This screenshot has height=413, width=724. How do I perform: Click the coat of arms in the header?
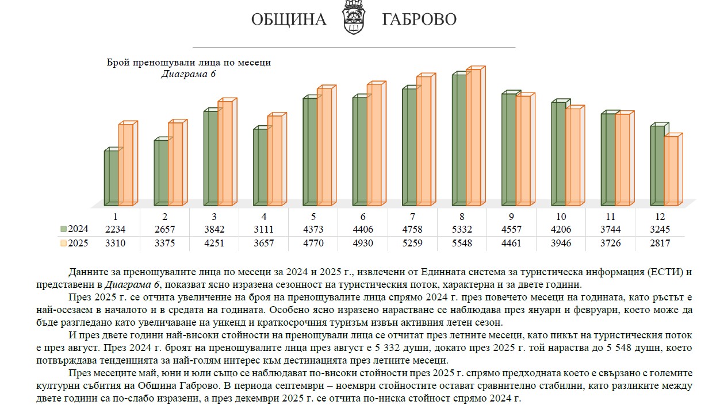pyautogui.click(x=354, y=18)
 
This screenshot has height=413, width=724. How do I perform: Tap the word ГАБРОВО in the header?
pyautogui.click(x=419, y=20)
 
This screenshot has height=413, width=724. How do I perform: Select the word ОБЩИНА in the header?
pyautogui.click(x=288, y=20)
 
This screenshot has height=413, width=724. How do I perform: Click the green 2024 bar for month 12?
pyautogui.click(x=657, y=165)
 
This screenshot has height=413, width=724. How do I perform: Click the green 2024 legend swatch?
pyautogui.click(x=63, y=229)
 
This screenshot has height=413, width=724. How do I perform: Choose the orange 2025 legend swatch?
pyautogui.click(x=63, y=244)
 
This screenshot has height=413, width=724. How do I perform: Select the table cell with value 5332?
pyautogui.click(x=462, y=229)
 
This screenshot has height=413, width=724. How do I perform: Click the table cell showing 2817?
pyautogui.click(x=660, y=244)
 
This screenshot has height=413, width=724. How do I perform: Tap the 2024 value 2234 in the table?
pyautogui.click(x=115, y=229)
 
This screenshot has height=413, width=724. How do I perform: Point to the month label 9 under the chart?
pyautogui.click(x=511, y=217)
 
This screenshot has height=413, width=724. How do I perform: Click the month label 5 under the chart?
pyautogui.click(x=313, y=217)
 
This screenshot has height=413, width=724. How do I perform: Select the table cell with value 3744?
pyautogui.click(x=610, y=229)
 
